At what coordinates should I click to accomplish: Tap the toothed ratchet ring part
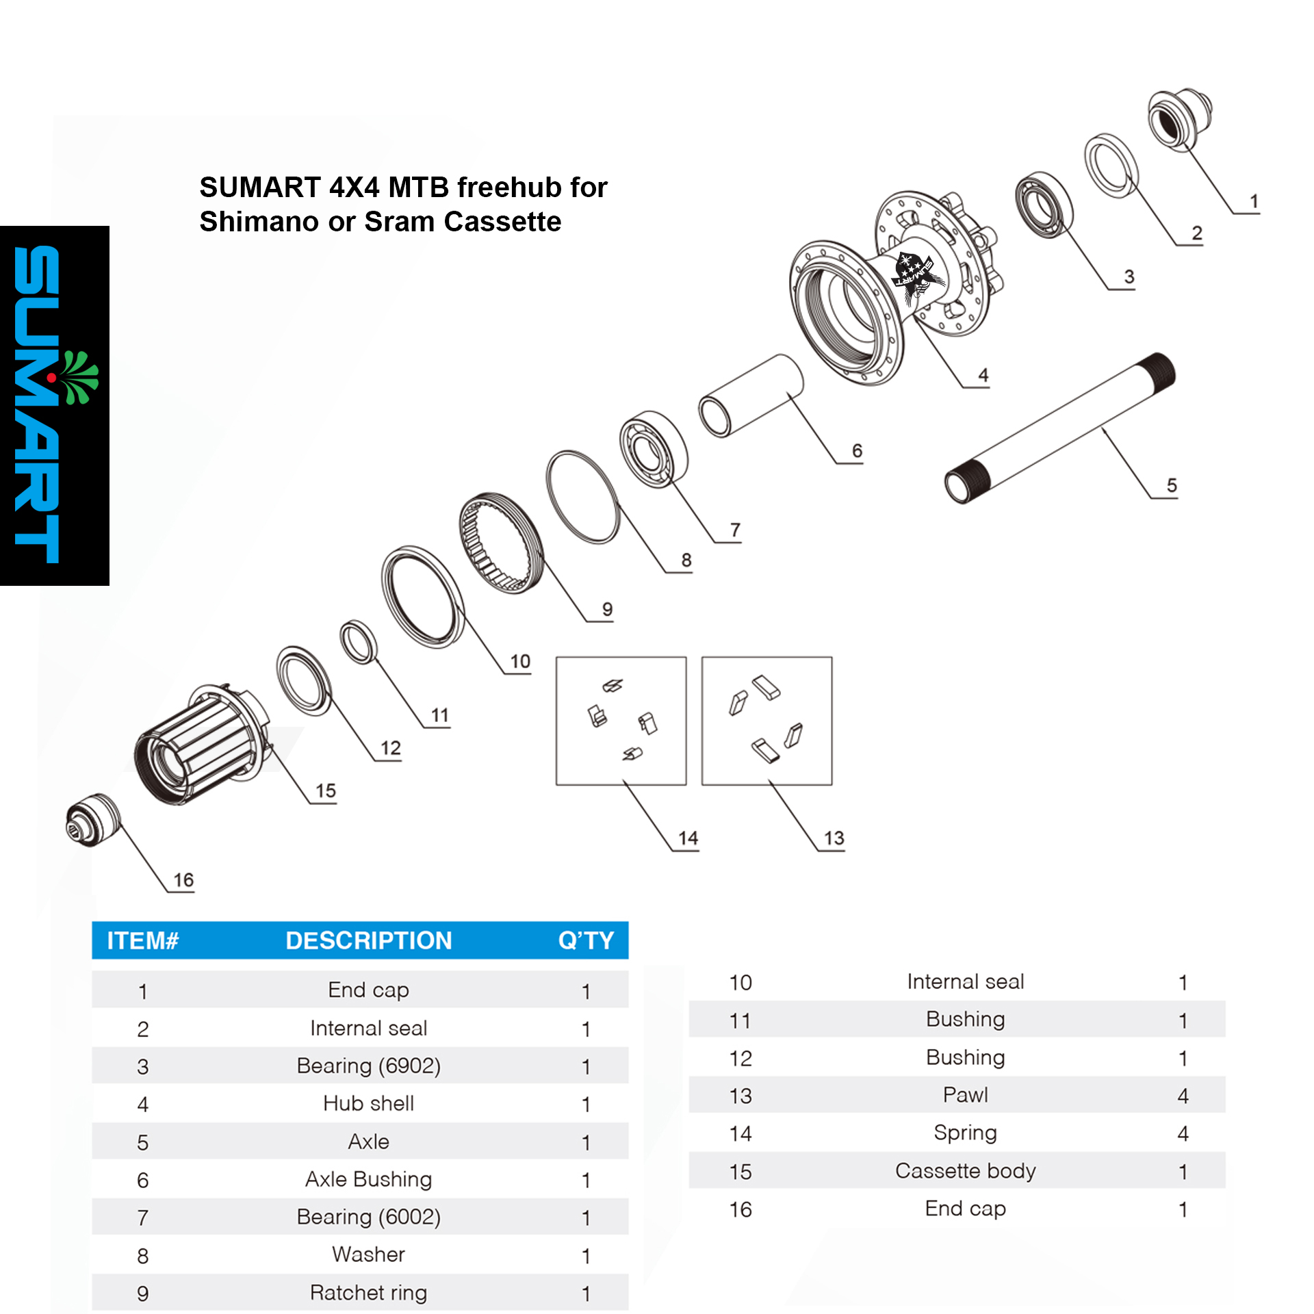(501, 542)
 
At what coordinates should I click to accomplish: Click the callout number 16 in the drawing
(183, 879)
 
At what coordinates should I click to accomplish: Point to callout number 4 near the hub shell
(983, 374)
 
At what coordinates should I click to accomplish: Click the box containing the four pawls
(766, 721)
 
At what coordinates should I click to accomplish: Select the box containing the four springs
(621, 721)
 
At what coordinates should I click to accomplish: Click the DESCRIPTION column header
(368, 940)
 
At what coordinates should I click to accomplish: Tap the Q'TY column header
(586, 940)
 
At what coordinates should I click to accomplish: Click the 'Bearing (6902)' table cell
(368, 1066)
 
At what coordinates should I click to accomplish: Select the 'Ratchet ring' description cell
(368, 1292)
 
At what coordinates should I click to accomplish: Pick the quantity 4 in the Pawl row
(1183, 1096)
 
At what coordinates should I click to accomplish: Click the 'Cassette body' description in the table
(965, 1171)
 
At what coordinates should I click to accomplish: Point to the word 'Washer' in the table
(368, 1254)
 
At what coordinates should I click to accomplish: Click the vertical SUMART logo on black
(55, 405)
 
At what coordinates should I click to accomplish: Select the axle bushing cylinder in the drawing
(751, 395)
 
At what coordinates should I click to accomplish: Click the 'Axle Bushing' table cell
(368, 1179)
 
